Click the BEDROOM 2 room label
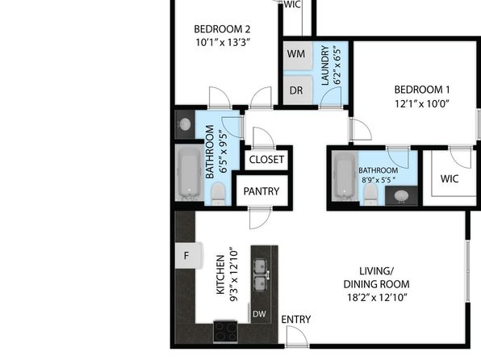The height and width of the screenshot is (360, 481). pyautogui.click(x=222, y=29)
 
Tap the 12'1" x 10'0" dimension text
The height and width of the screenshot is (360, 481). pyautogui.click(x=422, y=104)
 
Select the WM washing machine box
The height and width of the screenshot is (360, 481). pyautogui.click(x=297, y=56)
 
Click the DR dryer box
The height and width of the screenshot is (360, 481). pyautogui.click(x=297, y=90)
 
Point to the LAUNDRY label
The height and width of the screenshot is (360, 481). pyautogui.click(x=325, y=65)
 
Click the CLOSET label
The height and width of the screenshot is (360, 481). pyautogui.click(x=266, y=160)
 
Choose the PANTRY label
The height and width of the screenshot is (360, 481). pyautogui.click(x=261, y=191)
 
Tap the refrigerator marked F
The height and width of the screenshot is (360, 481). pyautogui.click(x=188, y=255)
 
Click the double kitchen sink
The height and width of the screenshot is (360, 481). pyautogui.click(x=261, y=275)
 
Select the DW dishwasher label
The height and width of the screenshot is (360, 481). pyautogui.click(x=259, y=314)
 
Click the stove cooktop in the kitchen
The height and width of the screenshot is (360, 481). pyautogui.click(x=225, y=332)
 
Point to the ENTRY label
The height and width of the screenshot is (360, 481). pyautogui.click(x=295, y=320)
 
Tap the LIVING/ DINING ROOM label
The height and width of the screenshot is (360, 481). pyautogui.click(x=376, y=278)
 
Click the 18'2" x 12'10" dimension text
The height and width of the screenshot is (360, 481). pyautogui.click(x=377, y=297)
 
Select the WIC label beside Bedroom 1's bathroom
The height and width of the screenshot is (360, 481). pyautogui.click(x=450, y=178)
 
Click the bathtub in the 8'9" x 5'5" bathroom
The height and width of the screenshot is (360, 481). pyautogui.click(x=345, y=176)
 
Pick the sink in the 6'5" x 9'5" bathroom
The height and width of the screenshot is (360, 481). pyautogui.click(x=185, y=124)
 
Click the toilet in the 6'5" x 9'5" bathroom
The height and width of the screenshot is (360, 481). pyautogui.click(x=219, y=194)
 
